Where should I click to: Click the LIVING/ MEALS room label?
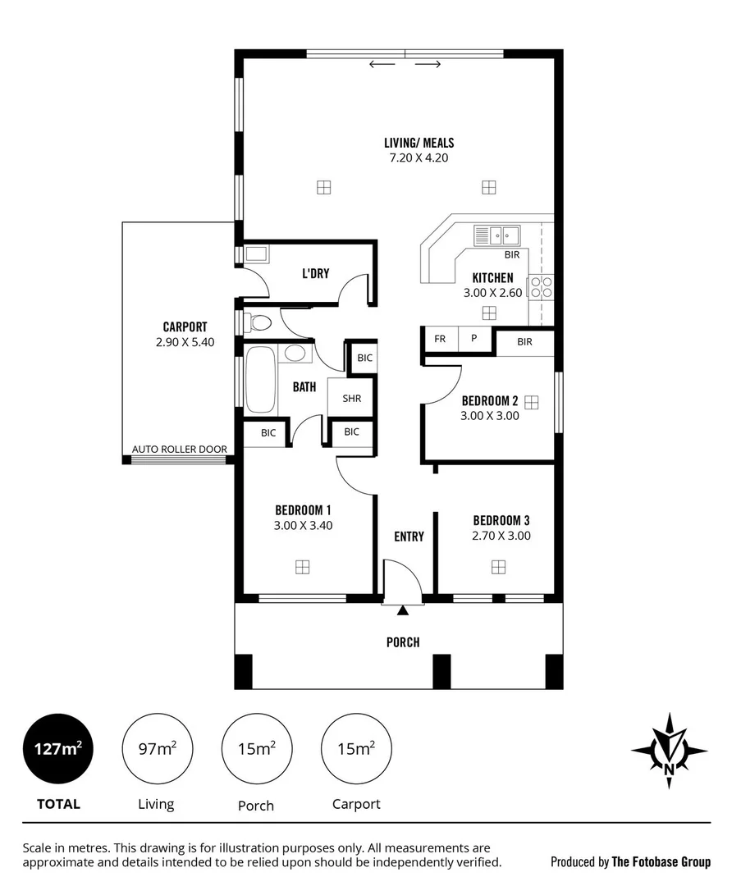coord(419,143)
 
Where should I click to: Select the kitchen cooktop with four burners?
coord(542,286)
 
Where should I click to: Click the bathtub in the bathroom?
coord(260,381)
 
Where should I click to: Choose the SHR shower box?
coord(351,399)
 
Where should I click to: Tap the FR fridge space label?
coord(440,339)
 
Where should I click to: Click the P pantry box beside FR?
coord(474,339)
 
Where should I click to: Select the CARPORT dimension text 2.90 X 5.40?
coord(185,343)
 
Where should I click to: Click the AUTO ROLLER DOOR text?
coord(180,450)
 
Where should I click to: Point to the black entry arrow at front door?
coord(402,610)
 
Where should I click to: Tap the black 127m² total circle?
coord(57,749)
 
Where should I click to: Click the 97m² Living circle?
coord(156,749)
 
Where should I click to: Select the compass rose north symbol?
coord(670,751)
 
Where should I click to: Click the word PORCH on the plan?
coord(403,642)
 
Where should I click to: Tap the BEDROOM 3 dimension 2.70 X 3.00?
coord(501,537)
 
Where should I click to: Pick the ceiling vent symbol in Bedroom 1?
coord(303,566)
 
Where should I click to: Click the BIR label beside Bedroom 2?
coord(525,341)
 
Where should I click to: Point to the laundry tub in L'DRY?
coord(256,253)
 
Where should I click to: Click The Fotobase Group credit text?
coord(661,861)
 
